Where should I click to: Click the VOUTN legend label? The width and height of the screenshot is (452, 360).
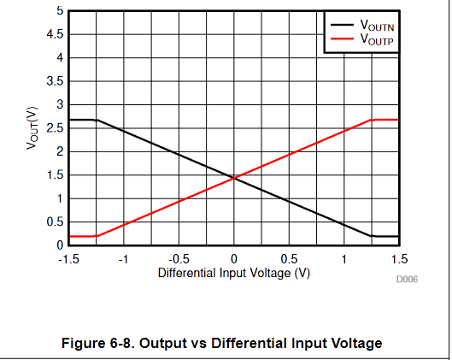point(377,27)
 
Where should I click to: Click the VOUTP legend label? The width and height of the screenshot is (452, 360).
point(377,39)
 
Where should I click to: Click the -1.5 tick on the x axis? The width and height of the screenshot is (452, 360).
point(68,258)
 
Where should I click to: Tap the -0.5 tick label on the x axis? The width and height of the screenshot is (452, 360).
point(178,258)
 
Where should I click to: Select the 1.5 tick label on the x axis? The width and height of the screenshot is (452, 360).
point(399,258)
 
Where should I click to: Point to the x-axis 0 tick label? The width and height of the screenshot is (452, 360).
point(234,258)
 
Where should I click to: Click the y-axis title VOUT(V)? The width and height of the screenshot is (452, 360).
point(32,128)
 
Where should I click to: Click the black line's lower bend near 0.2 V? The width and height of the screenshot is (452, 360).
point(372,236)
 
